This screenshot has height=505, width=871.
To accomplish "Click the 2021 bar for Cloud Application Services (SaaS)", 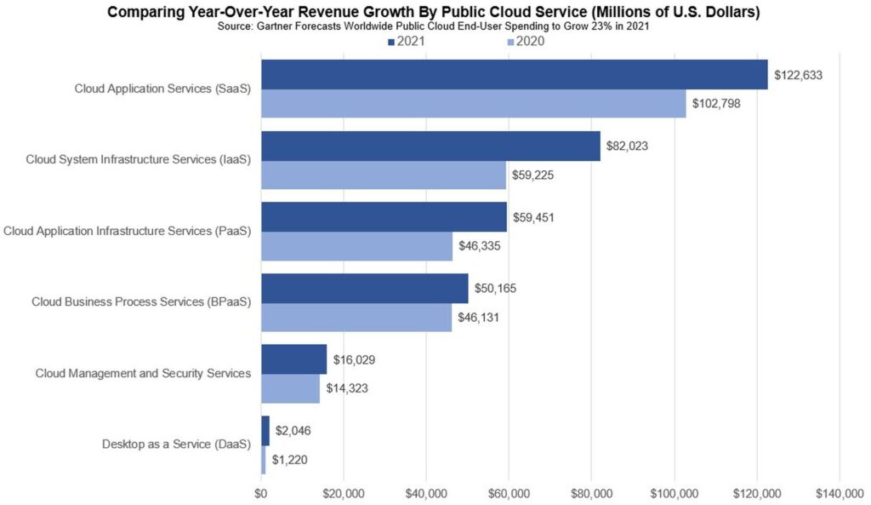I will coord(514,74).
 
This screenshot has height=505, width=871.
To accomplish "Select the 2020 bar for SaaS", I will coord(473,104).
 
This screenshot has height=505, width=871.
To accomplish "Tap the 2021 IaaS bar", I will coord(430,146).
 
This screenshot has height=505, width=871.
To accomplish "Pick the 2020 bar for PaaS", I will coord(356,246).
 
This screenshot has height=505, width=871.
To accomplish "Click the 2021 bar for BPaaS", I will coord(364,288).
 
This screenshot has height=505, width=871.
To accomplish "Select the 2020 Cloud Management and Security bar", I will coord(290,388).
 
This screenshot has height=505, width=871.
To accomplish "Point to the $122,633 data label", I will coord(798,75).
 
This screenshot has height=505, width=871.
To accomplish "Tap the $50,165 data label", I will coord(495,289).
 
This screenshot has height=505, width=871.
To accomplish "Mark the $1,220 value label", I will coord(291,460).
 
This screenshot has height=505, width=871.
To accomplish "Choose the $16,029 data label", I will coord(354,360).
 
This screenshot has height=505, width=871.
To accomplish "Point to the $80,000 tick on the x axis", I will coord(591,493).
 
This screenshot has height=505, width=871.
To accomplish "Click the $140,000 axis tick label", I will coord(839,493).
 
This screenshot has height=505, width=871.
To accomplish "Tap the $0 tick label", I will coord(261,493).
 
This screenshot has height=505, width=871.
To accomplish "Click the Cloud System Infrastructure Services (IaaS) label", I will coord(138,159).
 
